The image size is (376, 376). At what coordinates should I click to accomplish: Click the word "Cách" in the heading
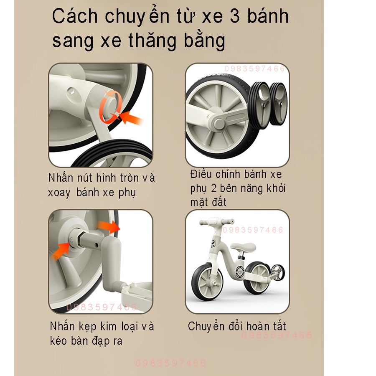pos(75,17)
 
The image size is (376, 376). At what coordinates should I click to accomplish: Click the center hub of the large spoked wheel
pos(218,122)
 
